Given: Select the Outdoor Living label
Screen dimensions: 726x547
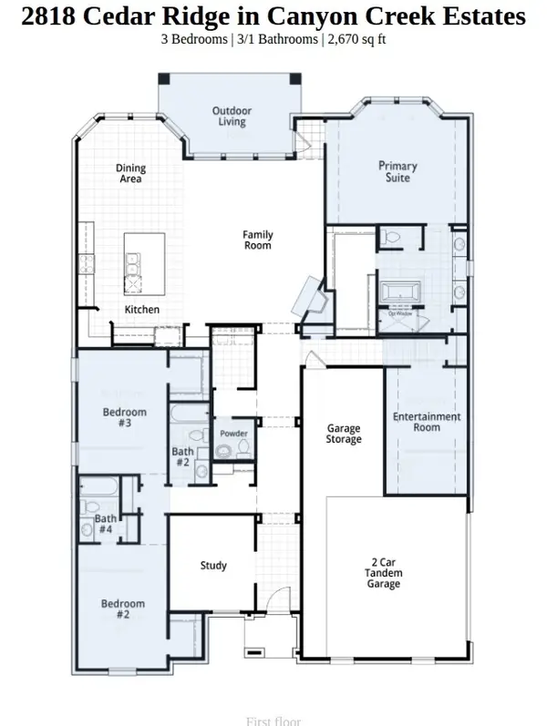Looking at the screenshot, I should (x=232, y=117).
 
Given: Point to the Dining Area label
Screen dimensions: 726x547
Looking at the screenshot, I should (x=130, y=174).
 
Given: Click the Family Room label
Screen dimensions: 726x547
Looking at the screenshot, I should (x=257, y=240).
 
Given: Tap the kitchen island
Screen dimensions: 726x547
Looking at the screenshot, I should (x=144, y=265).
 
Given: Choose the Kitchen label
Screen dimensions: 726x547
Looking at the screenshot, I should (x=141, y=310).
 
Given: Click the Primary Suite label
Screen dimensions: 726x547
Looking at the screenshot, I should (x=397, y=172).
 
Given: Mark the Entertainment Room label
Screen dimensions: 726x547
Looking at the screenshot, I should (x=427, y=423).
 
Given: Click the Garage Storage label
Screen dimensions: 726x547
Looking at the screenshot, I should (x=344, y=434).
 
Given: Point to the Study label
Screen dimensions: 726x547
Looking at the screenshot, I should (x=213, y=566).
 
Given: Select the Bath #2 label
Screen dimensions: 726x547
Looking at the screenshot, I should (x=183, y=457).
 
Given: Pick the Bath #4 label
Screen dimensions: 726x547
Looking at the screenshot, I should (x=105, y=524).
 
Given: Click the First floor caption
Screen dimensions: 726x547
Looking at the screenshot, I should (x=273, y=721).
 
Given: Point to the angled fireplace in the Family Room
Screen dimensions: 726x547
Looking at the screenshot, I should (x=305, y=297).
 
